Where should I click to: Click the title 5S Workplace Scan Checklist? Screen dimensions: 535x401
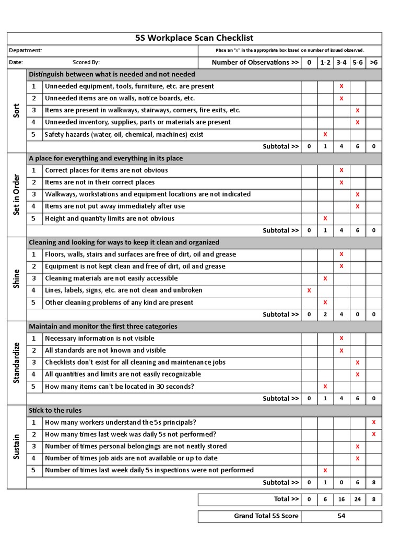point(194,38)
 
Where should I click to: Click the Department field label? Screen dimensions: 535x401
point(26,51)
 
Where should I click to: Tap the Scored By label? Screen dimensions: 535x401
point(86,62)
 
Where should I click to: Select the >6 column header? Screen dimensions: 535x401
point(373,62)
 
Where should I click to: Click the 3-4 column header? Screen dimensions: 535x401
point(341,62)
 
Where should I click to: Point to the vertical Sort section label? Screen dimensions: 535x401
point(16,110)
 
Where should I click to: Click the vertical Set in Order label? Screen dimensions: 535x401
point(16,194)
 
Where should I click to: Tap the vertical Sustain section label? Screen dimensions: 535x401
point(16,447)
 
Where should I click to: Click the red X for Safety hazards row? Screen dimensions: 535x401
point(325,134)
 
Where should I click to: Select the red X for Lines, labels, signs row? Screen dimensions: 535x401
point(309,290)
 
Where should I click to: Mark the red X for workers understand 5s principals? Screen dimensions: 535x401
point(373,422)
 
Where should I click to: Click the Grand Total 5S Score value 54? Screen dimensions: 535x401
point(341,516)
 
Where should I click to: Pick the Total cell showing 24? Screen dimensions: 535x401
point(358,499)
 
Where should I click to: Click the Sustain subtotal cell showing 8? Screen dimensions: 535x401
point(373,483)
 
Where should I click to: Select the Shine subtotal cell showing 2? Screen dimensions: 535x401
point(325,315)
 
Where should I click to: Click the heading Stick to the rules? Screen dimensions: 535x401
point(55,410)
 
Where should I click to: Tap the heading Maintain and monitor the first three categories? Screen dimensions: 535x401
point(103,326)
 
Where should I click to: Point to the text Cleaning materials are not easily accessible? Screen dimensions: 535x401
point(111,278)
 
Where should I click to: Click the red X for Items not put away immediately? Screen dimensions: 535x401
point(358,206)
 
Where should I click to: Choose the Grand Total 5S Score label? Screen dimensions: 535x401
point(266,516)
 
